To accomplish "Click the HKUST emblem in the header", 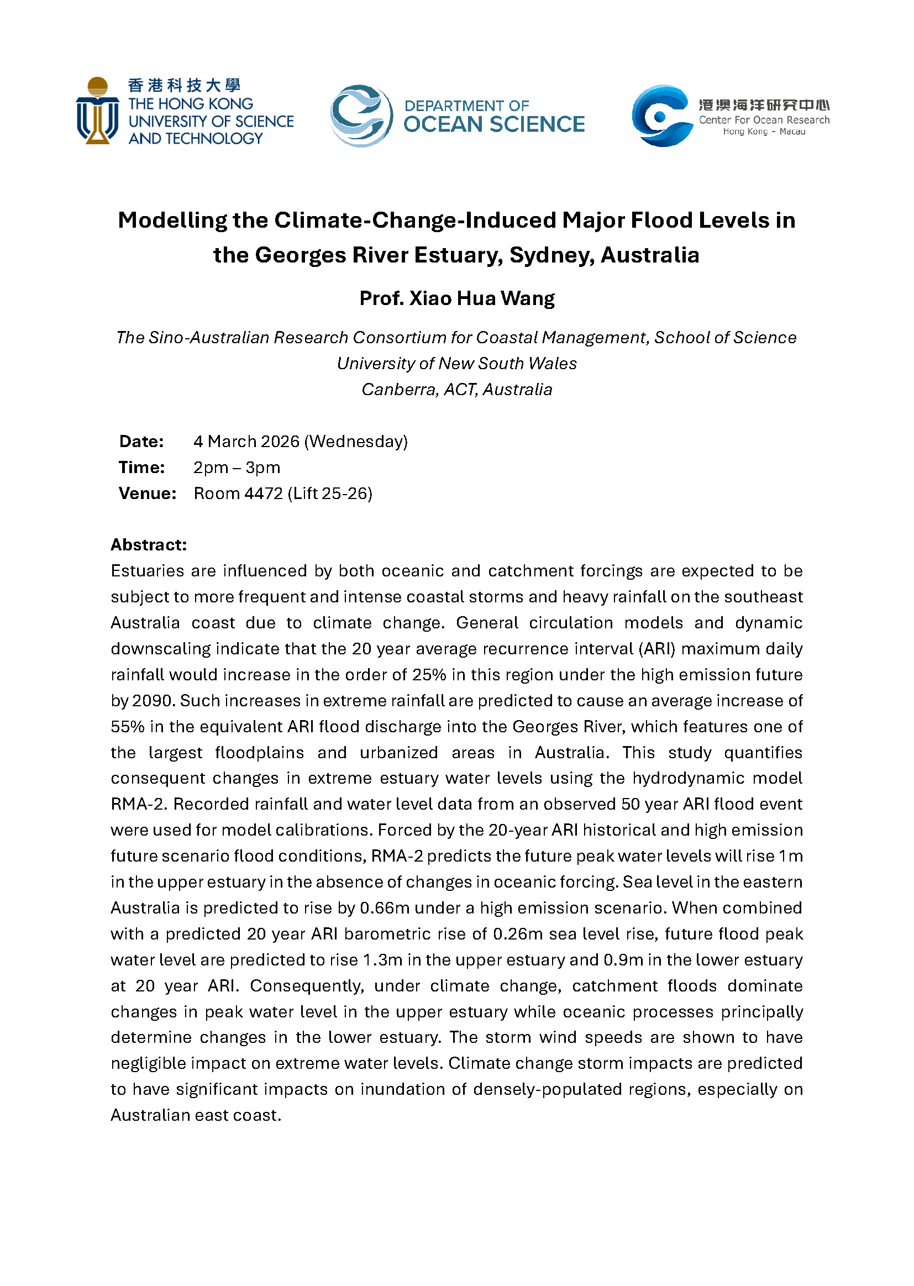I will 97,111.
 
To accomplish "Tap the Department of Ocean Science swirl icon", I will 361,116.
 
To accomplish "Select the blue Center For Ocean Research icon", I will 662,116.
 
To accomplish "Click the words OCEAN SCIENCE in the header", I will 493,124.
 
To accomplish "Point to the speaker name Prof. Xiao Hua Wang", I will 457,298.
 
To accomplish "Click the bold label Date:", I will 141,441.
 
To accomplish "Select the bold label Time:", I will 142,467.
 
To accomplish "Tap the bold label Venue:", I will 148,494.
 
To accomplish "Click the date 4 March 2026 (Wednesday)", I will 301,441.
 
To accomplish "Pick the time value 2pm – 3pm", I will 237,467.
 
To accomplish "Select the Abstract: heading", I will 149,545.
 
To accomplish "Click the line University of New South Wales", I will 457,364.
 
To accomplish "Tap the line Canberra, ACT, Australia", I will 457,390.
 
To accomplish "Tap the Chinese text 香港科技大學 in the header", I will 184,86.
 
